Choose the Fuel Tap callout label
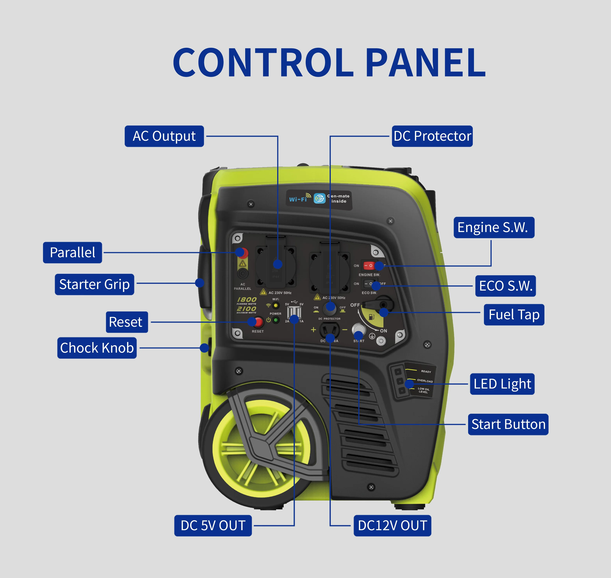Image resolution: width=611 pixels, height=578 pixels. [x=514, y=315]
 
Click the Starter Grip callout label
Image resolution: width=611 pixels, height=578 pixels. [x=94, y=284]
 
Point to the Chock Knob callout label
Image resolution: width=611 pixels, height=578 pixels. [x=97, y=348]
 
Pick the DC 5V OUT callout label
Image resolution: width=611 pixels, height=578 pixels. [x=213, y=526]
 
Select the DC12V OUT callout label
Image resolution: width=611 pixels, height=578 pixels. [x=392, y=526]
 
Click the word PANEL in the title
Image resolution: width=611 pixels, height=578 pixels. [x=425, y=63]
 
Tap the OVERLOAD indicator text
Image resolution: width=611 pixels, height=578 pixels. [x=425, y=381]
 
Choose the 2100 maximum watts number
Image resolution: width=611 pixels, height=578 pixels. [x=247, y=308]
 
